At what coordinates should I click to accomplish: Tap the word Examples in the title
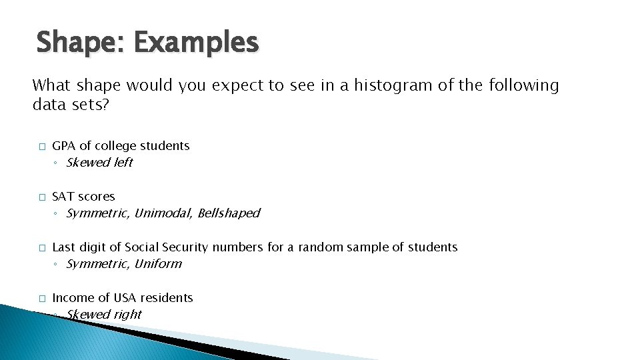pos(195,43)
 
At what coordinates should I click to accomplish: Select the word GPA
pos(63,146)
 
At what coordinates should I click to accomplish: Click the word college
pos(119,146)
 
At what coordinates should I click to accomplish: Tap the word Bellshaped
pos(229,213)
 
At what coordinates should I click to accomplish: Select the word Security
pos(187,247)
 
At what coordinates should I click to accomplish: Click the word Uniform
pos(158,264)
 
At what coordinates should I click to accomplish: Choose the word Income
pos(70,298)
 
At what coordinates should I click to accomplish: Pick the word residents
pos(167,298)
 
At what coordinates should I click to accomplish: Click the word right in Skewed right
pos(127,315)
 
